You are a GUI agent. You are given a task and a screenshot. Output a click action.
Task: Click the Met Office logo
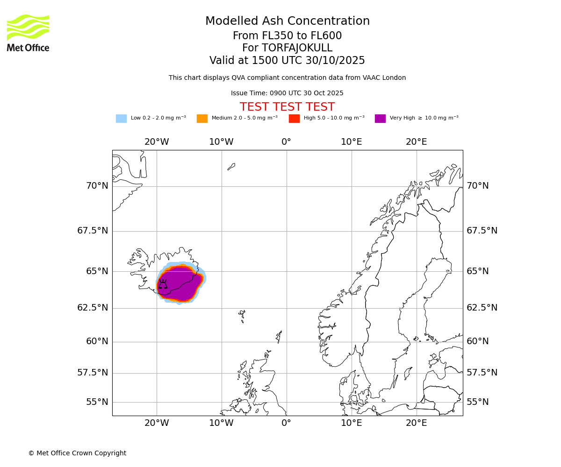point(28,33)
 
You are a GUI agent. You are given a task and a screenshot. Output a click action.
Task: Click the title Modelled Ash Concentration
point(287,21)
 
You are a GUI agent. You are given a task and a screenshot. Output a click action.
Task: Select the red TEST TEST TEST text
point(287,107)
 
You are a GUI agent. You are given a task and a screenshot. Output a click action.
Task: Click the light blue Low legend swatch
point(121,119)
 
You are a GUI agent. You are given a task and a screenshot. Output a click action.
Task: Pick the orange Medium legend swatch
point(202,119)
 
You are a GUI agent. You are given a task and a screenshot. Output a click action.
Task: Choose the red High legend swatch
point(294,119)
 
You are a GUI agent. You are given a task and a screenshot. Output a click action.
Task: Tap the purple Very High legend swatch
point(380,119)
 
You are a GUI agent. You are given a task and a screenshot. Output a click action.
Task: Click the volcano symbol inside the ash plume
point(163,284)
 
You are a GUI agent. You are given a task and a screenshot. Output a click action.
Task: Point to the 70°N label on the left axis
point(97,186)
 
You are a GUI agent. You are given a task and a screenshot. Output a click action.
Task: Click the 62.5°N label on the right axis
point(482,308)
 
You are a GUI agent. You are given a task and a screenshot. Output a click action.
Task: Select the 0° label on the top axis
point(286,142)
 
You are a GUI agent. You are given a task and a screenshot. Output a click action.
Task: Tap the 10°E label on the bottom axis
point(351,423)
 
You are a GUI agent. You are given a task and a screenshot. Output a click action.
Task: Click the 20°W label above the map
point(157,142)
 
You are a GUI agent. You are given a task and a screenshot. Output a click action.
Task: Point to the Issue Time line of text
point(287,93)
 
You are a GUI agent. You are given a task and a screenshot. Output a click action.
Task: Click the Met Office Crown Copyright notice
point(77,453)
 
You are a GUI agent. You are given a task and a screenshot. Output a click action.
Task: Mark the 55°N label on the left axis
point(97,402)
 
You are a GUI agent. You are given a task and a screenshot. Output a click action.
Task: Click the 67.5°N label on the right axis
point(482,231)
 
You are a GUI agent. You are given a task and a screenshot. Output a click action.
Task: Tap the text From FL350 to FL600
point(287,36)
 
